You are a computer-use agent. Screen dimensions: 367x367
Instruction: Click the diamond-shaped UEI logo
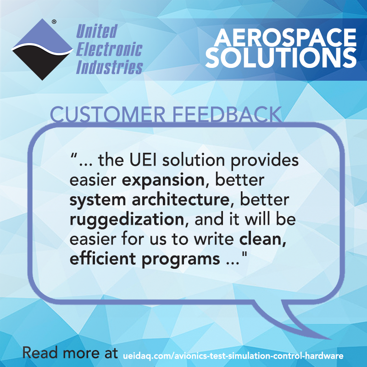coord(42,50)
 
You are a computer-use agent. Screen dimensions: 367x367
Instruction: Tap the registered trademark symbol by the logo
coord(54,22)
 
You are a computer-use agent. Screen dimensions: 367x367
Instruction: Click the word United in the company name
coord(97,31)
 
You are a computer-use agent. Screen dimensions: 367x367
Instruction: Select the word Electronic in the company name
coord(109,49)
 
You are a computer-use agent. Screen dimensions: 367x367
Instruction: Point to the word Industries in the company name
coord(109,67)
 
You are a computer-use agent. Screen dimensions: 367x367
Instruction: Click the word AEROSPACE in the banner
coord(285,38)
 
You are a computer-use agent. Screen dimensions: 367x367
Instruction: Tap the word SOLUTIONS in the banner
coord(281,58)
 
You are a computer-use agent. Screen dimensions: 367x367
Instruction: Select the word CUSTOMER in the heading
coord(108,114)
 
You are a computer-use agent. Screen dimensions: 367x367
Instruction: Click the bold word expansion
coord(163,181)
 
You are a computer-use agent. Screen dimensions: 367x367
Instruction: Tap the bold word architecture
coord(180,200)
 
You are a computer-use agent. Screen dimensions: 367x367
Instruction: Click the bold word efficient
coord(103,258)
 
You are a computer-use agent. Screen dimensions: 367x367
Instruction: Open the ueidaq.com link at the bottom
coord(233,356)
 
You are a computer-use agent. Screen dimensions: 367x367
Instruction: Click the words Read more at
coord(70,353)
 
